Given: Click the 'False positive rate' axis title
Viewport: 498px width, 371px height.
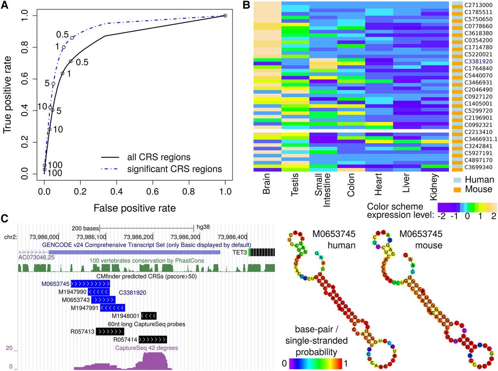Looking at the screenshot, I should pyautogui.click(x=134, y=208).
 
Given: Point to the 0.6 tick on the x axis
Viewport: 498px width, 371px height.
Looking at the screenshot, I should pyautogui.click(x=153, y=191).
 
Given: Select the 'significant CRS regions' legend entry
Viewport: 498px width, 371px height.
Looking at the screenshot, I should pyautogui.click(x=174, y=169).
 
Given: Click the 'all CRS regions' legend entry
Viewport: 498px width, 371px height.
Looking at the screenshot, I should pyautogui.click(x=159, y=157).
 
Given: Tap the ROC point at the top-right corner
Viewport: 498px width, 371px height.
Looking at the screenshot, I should pyautogui.click(x=225, y=16).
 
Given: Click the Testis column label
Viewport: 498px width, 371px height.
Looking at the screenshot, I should pyautogui.click(x=295, y=185).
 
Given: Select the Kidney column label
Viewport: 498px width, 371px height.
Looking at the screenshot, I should pyautogui.click(x=434, y=187).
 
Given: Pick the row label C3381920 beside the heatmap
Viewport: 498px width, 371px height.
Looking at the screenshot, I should pyautogui.click(x=478, y=62).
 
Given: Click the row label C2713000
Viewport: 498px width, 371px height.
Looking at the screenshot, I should pyautogui.click(x=478, y=5).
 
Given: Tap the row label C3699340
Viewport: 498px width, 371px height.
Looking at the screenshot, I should pyautogui.click(x=478, y=167).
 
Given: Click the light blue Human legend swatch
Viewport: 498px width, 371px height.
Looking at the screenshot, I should pyautogui.click(x=457, y=180).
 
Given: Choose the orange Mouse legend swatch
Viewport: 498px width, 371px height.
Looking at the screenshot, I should pyautogui.click(x=457, y=189).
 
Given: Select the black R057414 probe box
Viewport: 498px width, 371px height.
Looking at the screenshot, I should pyautogui.click(x=153, y=339).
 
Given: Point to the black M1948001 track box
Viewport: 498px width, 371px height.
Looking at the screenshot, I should pyautogui.click(x=149, y=316).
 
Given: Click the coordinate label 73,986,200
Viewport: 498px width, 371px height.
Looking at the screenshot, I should pyautogui.click(x=138, y=237).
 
